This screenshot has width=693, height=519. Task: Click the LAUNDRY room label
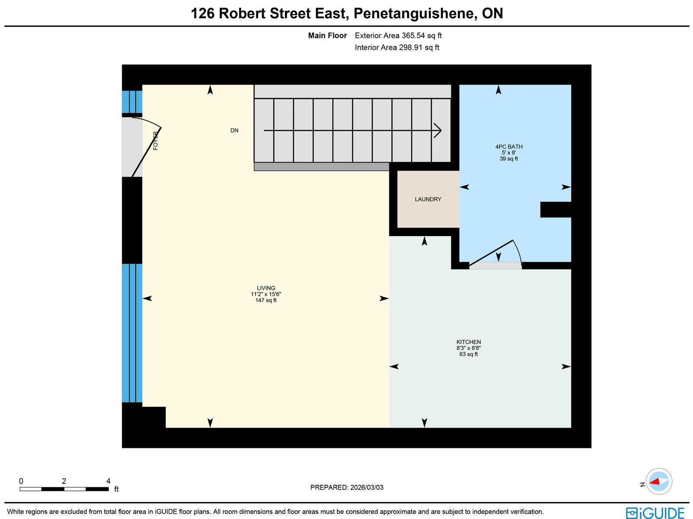[x=428, y=199]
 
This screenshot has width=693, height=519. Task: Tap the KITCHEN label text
[x=469, y=342]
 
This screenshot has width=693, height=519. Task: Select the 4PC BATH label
[x=508, y=146]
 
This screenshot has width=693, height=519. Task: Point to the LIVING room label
[x=266, y=288]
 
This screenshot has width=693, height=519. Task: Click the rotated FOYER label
[x=155, y=140]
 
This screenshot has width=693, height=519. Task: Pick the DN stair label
[x=234, y=130]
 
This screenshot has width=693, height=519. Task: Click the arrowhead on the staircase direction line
[x=437, y=130]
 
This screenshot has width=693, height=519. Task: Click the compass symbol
[x=659, y=481]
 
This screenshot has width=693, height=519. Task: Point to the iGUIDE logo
[x=655, y=512]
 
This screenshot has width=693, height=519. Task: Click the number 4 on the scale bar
[x=108, y=481]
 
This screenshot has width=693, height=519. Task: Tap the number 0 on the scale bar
[x=21, y=481]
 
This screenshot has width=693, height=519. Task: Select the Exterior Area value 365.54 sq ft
[x=421, y=36]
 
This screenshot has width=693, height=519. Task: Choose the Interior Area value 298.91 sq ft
[x=419, y=47]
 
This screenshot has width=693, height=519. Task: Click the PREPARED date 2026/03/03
[x=367, y=487]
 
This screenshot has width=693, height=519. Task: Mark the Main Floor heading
[x=327, y=36]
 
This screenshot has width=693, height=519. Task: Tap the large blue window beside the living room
[x=132, y=333]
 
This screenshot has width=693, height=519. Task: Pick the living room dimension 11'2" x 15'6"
[x=266, y=294]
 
